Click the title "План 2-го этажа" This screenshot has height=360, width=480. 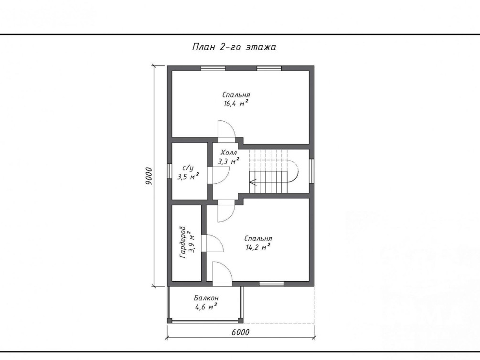234,47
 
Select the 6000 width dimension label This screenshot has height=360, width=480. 240,332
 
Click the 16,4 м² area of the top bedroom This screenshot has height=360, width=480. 236,104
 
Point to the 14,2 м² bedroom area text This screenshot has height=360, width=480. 258,247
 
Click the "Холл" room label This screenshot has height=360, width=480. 229,153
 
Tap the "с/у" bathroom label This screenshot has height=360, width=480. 188,168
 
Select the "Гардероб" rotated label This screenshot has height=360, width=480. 183,242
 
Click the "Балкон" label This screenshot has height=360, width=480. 206,298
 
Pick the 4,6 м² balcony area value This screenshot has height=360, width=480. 206,307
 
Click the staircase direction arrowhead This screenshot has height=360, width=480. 253,182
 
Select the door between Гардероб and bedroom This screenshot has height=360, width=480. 213,244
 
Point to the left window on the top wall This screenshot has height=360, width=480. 213,68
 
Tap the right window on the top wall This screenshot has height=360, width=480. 269,68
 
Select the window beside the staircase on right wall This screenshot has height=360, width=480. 311,171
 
